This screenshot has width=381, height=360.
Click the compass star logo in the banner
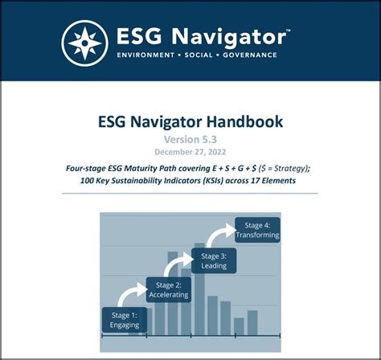click(84, 41)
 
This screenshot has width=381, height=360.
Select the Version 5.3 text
click(190, 141)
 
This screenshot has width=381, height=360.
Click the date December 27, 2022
click(190, 153)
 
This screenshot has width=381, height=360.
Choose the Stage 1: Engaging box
click(125, 320)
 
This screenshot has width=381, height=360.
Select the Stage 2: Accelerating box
click(168, 289)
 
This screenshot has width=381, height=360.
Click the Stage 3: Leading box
click(214, 260)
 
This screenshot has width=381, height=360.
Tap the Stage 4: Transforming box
click(257, 230)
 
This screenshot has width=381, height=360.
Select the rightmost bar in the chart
click(252, 321)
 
